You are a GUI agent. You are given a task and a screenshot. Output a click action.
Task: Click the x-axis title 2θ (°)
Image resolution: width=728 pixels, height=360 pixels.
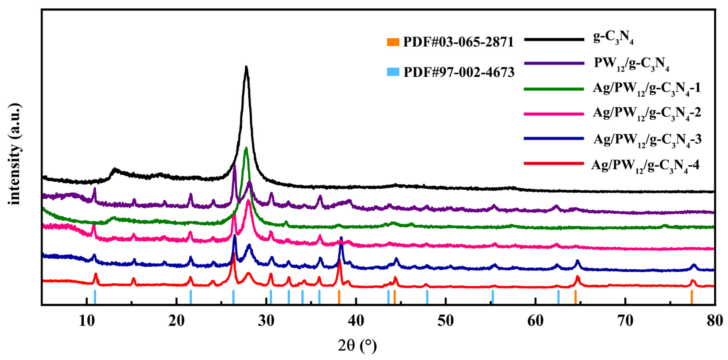tap(357, 345)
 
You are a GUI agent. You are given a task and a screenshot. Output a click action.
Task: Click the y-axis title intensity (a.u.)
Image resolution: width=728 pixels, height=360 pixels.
tap(14, 154)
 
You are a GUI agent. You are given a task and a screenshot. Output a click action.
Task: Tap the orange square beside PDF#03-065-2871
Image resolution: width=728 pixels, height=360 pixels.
tap(393, 42)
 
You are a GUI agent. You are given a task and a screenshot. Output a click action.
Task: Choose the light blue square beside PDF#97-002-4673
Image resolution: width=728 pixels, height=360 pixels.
tap(393, 72)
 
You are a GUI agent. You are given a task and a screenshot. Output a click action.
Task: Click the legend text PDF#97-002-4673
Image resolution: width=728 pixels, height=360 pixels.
tap(459, 73)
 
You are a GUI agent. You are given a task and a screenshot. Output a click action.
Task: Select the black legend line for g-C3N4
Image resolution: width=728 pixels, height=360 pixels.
tap(554, 40)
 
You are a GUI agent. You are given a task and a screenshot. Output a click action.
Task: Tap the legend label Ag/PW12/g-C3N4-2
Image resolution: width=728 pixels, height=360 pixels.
tap(647, 114)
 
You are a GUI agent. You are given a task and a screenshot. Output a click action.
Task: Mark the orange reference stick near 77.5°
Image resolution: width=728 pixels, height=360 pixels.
tap(692, 297)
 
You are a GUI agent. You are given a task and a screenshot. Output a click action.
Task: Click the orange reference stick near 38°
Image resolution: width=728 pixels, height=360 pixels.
tap(339, 297)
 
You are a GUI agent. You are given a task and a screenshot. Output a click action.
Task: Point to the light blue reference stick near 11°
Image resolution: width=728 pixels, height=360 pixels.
tap(95, 297)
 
